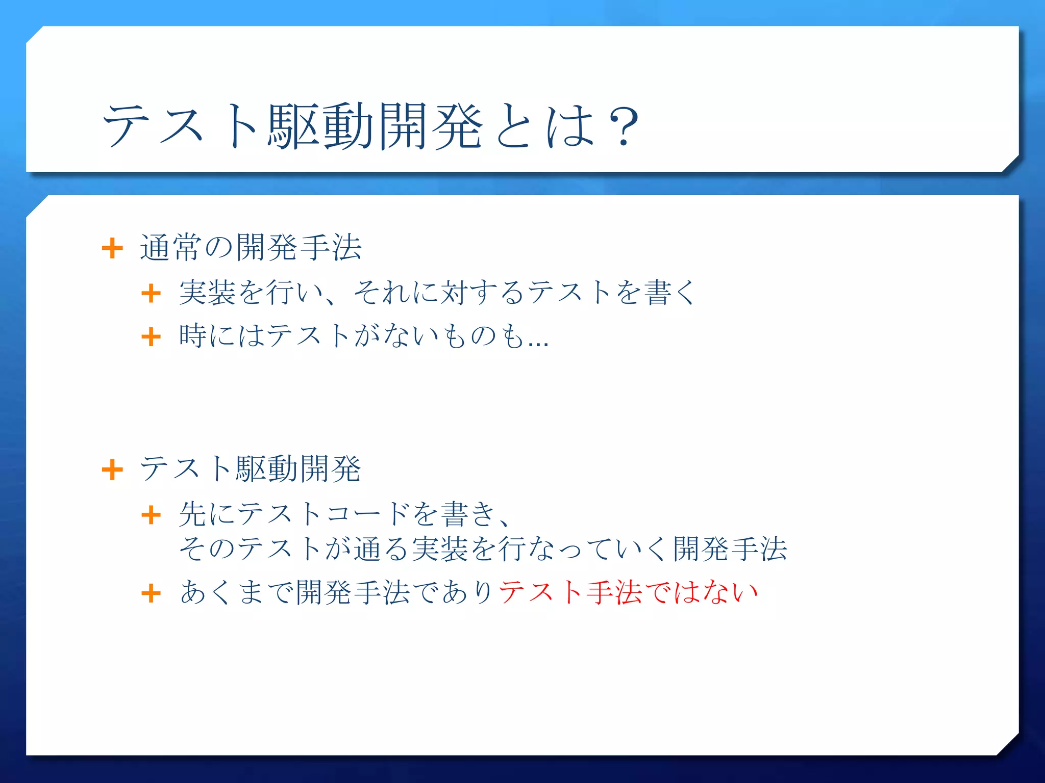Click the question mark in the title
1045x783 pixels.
[624, 126]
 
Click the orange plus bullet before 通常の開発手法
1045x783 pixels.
[112, 249]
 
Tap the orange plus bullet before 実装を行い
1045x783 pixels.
[151, 293]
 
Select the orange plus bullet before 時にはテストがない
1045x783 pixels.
[151, 336]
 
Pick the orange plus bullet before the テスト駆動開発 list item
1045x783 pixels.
[112, 469]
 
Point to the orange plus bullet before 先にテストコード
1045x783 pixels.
[151, 514]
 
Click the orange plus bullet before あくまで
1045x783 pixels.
[151, 593]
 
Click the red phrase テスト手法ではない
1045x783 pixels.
[628, 593]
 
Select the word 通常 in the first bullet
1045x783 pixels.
[171, 248]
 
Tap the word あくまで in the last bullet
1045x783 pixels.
[237, 593]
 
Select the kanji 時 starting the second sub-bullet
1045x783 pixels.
[193, 336]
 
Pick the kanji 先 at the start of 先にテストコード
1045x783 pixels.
[193, 514]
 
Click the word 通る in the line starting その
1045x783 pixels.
[381, 549]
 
